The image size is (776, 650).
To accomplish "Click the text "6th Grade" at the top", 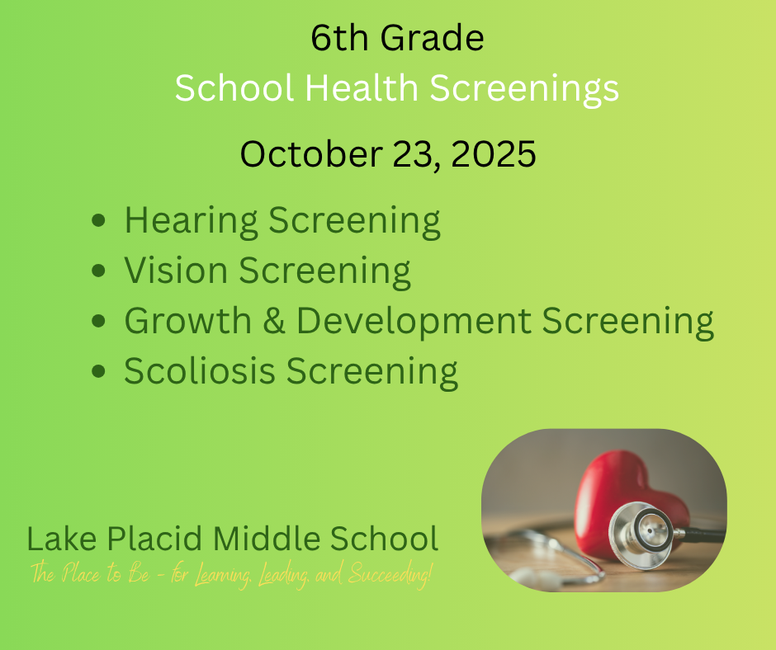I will [x=397, y=39].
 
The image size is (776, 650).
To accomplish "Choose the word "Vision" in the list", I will [x=174, y=271].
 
